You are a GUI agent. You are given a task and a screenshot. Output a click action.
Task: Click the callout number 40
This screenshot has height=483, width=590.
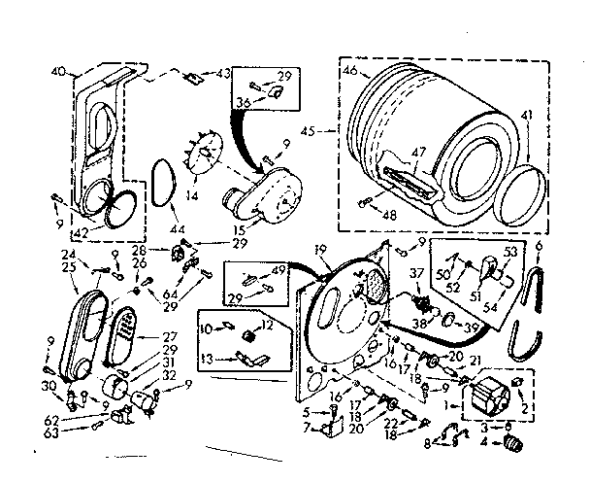(56, 70)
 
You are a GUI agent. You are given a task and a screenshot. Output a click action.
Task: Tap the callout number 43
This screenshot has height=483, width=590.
(224, 73)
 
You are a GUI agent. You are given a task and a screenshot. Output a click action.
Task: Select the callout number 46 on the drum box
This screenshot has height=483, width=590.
(349, 71)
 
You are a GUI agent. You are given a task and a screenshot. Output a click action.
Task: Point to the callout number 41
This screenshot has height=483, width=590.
(527, 115)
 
